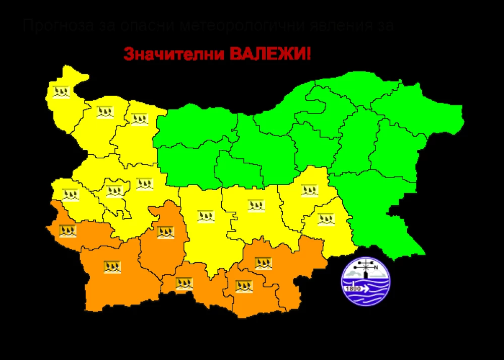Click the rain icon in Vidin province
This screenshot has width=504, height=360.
point(61,92)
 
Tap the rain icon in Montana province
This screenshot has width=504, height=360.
point(105,111)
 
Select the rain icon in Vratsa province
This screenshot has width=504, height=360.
point(139,119)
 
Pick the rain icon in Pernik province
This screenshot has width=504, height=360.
point(71,194)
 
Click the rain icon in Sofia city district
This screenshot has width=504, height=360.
point(114,191)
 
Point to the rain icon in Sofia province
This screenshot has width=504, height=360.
point(144,184)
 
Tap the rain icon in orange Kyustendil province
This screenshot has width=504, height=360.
point(68,231)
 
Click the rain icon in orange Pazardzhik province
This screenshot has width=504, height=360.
point(165,232)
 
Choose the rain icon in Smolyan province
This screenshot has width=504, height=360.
point(184,283)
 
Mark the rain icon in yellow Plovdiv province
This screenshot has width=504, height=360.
point(206,216)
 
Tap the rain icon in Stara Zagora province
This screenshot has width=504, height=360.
point(256,205)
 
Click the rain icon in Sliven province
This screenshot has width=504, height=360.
point(309,190)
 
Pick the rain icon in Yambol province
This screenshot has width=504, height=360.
point(326,219)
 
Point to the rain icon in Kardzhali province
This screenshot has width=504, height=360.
point(244,286)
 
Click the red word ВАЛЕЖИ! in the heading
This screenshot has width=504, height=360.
point(270,53)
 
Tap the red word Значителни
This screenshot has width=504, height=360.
point(174,54)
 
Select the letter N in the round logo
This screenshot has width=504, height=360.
point(376,268)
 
